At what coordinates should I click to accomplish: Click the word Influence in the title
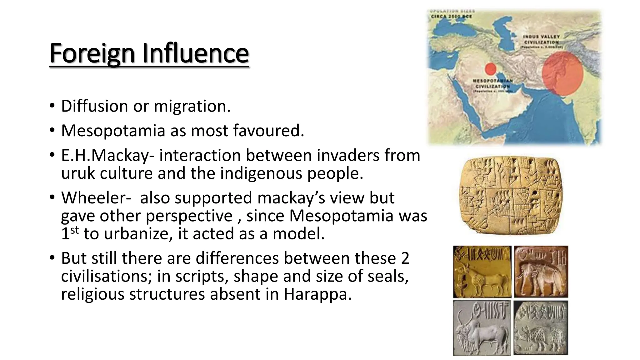point(195,53)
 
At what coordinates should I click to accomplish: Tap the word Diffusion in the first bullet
point(95,106)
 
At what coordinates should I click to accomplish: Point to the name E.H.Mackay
point(105,156)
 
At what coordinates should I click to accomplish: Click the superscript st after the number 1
point(74,230)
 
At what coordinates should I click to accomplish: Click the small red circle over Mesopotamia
point(491,69)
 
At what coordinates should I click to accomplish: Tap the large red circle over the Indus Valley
point(562,73)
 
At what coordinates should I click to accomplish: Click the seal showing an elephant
point(541,271)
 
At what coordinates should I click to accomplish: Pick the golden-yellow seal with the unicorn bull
point(482,271)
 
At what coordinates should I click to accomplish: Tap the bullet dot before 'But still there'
point(52,258)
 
